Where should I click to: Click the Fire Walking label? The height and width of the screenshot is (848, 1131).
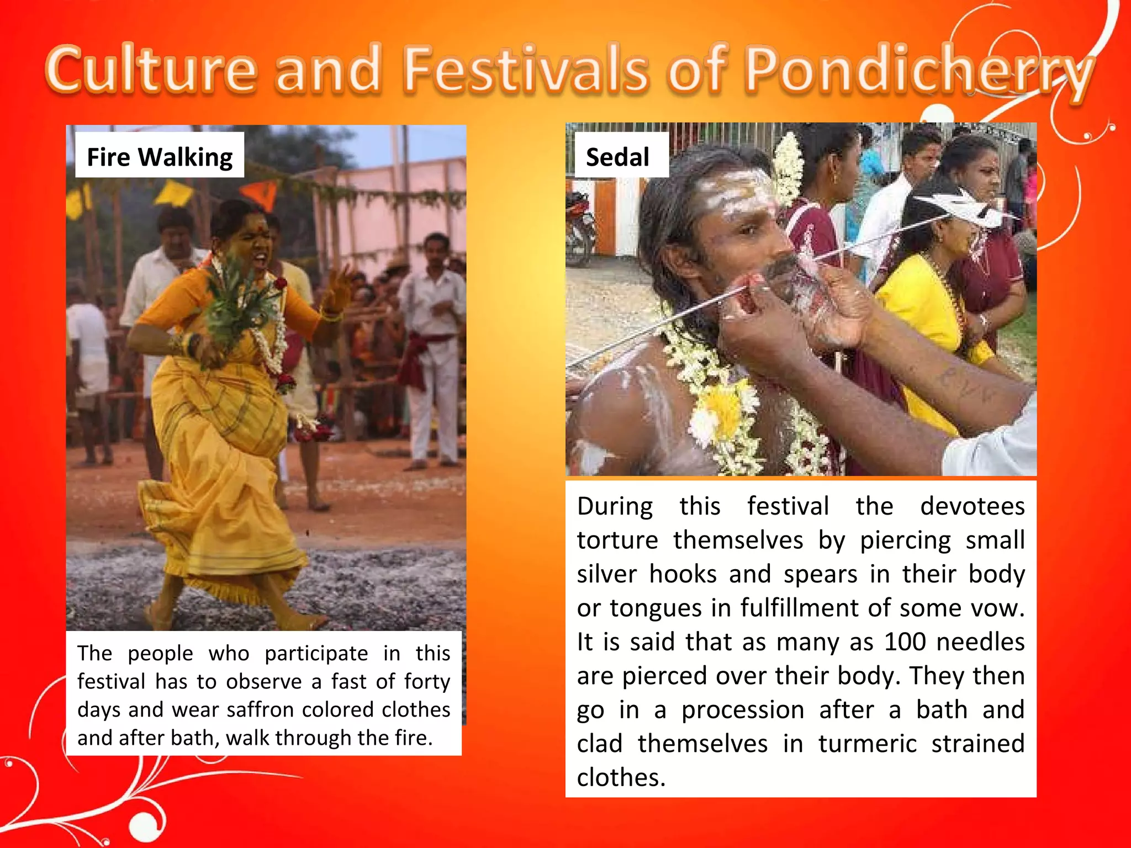(160, 157)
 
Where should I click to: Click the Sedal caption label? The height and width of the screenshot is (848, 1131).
(617, 157)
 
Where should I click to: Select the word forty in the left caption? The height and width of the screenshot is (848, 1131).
(427, 682)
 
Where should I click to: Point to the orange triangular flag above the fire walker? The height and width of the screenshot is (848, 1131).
(260, 194)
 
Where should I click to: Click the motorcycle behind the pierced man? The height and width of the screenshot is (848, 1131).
(580, 226)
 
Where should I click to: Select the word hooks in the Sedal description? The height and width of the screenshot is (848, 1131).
(683, 574)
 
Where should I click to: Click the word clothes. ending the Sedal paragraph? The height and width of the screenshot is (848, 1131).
(621, 778)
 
